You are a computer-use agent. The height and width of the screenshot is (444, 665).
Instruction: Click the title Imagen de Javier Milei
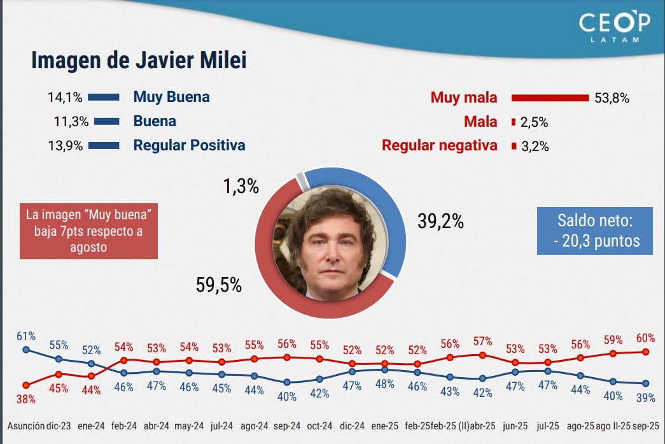pos(139,61)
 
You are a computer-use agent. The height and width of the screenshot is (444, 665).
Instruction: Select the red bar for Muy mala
pos(550,98)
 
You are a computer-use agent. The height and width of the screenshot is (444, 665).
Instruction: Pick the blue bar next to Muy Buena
pos(104,97)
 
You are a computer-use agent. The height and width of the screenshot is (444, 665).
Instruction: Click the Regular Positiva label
pos(189,145)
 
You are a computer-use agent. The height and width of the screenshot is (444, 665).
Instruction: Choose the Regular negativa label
pos(439,146)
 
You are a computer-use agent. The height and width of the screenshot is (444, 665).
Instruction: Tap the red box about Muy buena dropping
pos(88,230)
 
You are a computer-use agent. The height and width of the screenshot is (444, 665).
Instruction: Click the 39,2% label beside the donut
pos(440,221)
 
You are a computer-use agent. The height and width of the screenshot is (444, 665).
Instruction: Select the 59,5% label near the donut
pos(218,285)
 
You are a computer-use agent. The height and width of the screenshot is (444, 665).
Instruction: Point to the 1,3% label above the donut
pos(241,187)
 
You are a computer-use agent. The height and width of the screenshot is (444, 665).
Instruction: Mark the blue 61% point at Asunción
pos(26,350)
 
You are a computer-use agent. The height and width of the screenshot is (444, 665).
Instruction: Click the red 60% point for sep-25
pos(645,352)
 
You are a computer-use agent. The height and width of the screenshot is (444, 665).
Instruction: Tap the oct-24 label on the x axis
pos(319,426)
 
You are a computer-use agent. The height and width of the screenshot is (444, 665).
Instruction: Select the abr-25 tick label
pos(482,426)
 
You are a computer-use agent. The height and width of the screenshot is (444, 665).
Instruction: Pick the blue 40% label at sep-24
pos(287,396)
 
